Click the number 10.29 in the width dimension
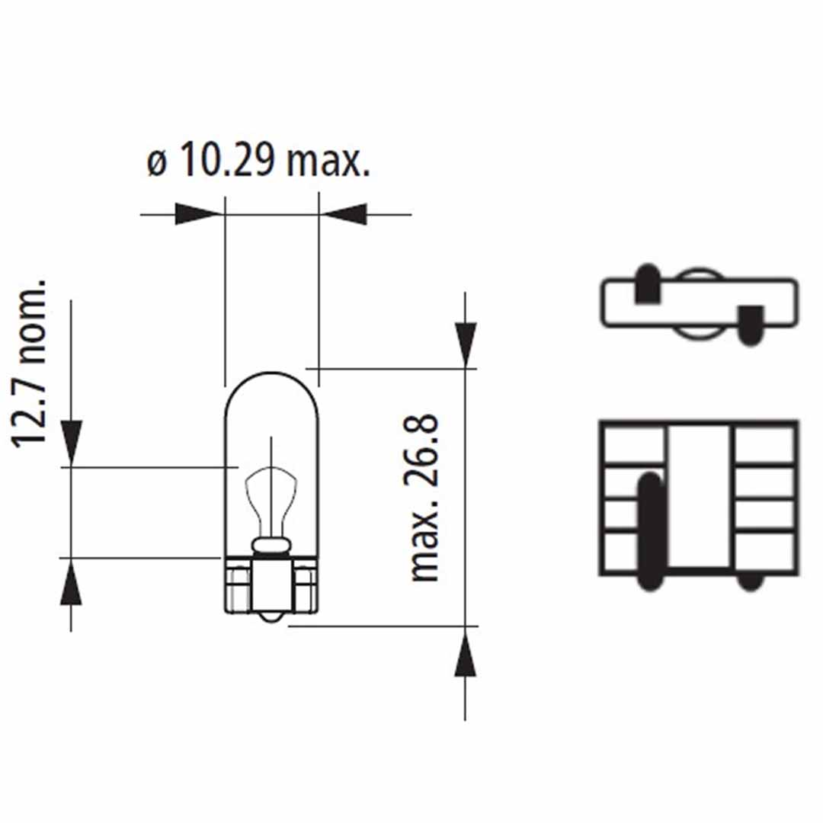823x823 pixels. (x=226, y=162)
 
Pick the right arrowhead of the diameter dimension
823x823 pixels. (x=344, y=214)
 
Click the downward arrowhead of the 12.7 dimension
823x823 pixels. (x=71, y=441)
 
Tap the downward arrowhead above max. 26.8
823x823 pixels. (x=465, y=344)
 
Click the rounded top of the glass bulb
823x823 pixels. (x=271, y=378)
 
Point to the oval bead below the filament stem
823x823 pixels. (x=271, y=544)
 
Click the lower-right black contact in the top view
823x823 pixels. (x=751, y=325)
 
